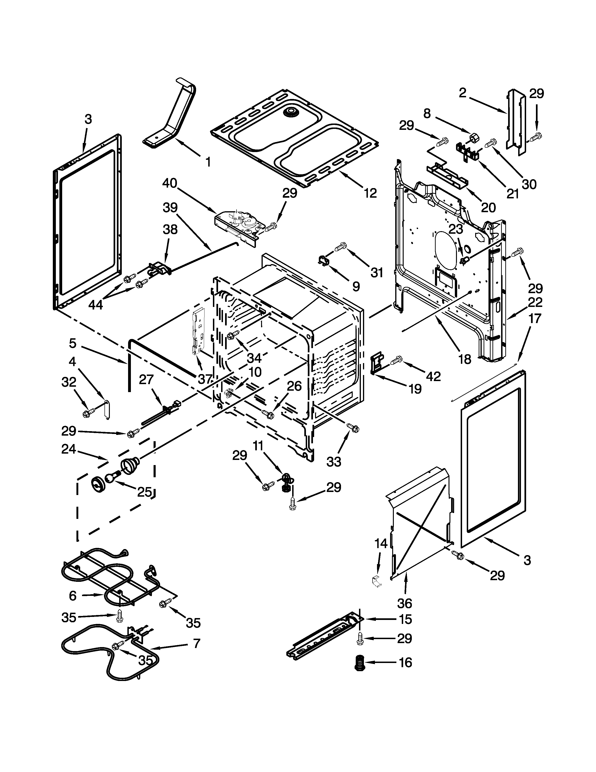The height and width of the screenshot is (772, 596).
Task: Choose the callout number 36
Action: click(x=405, y=602)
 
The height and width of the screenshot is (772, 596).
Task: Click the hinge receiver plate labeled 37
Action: click(x=196, y=331)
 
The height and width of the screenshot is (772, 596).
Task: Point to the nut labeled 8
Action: click(x=474, y=137)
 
